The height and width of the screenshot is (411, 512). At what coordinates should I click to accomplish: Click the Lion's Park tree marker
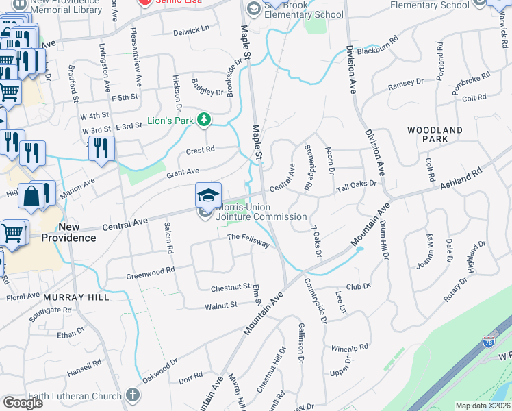(204, 121)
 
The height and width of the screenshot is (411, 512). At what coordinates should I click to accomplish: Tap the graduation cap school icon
(208, 195)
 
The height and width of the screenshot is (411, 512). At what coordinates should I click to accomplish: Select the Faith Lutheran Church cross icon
(133, 395)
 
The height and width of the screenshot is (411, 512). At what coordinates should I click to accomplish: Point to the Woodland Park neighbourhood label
(435, 134)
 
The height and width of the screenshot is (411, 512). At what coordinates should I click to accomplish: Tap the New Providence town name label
(77, 232)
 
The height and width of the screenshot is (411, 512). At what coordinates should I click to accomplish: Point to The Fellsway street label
(248, 240)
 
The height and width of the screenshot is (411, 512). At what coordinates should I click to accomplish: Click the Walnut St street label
(218, 303)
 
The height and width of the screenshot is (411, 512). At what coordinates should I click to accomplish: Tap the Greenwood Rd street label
(151, 273)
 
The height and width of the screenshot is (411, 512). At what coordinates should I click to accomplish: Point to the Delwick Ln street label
(191, 30)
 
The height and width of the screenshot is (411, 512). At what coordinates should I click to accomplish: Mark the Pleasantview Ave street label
(138, 59)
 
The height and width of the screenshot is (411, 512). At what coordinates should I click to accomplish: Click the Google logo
(23, 403)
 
